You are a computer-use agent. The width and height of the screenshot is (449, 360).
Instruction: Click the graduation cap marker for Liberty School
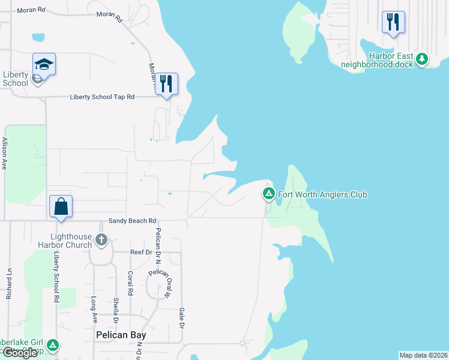tap(44, 64)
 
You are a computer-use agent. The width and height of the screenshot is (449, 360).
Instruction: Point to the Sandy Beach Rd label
tap(132, 221)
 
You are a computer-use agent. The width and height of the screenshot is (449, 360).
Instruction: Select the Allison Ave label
tap(5, 154)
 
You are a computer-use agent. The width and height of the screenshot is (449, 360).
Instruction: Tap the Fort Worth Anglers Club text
tap(322, 194)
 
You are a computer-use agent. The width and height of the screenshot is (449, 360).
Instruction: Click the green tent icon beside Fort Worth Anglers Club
tap(268, 194)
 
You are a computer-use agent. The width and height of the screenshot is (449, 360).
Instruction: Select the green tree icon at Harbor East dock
tap(423, 59)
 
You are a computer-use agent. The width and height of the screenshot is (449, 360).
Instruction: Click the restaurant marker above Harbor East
tap(393, 22)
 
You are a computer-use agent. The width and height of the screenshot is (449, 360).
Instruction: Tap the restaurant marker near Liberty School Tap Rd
tap(167, 83)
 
